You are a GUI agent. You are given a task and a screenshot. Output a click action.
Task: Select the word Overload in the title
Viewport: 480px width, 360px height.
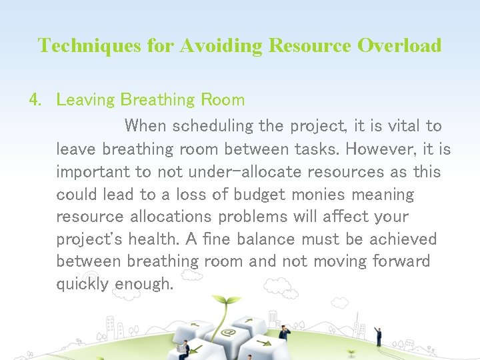point(399,45)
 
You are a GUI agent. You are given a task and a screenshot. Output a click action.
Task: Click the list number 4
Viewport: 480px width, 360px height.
point(35,100)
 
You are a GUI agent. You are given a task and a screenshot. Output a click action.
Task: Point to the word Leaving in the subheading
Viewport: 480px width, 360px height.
point(85,101)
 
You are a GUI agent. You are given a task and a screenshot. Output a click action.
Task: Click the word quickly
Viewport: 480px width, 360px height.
point(83,285)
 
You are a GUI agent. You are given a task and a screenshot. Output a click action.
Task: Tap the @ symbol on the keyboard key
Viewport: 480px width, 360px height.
point(229,331)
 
